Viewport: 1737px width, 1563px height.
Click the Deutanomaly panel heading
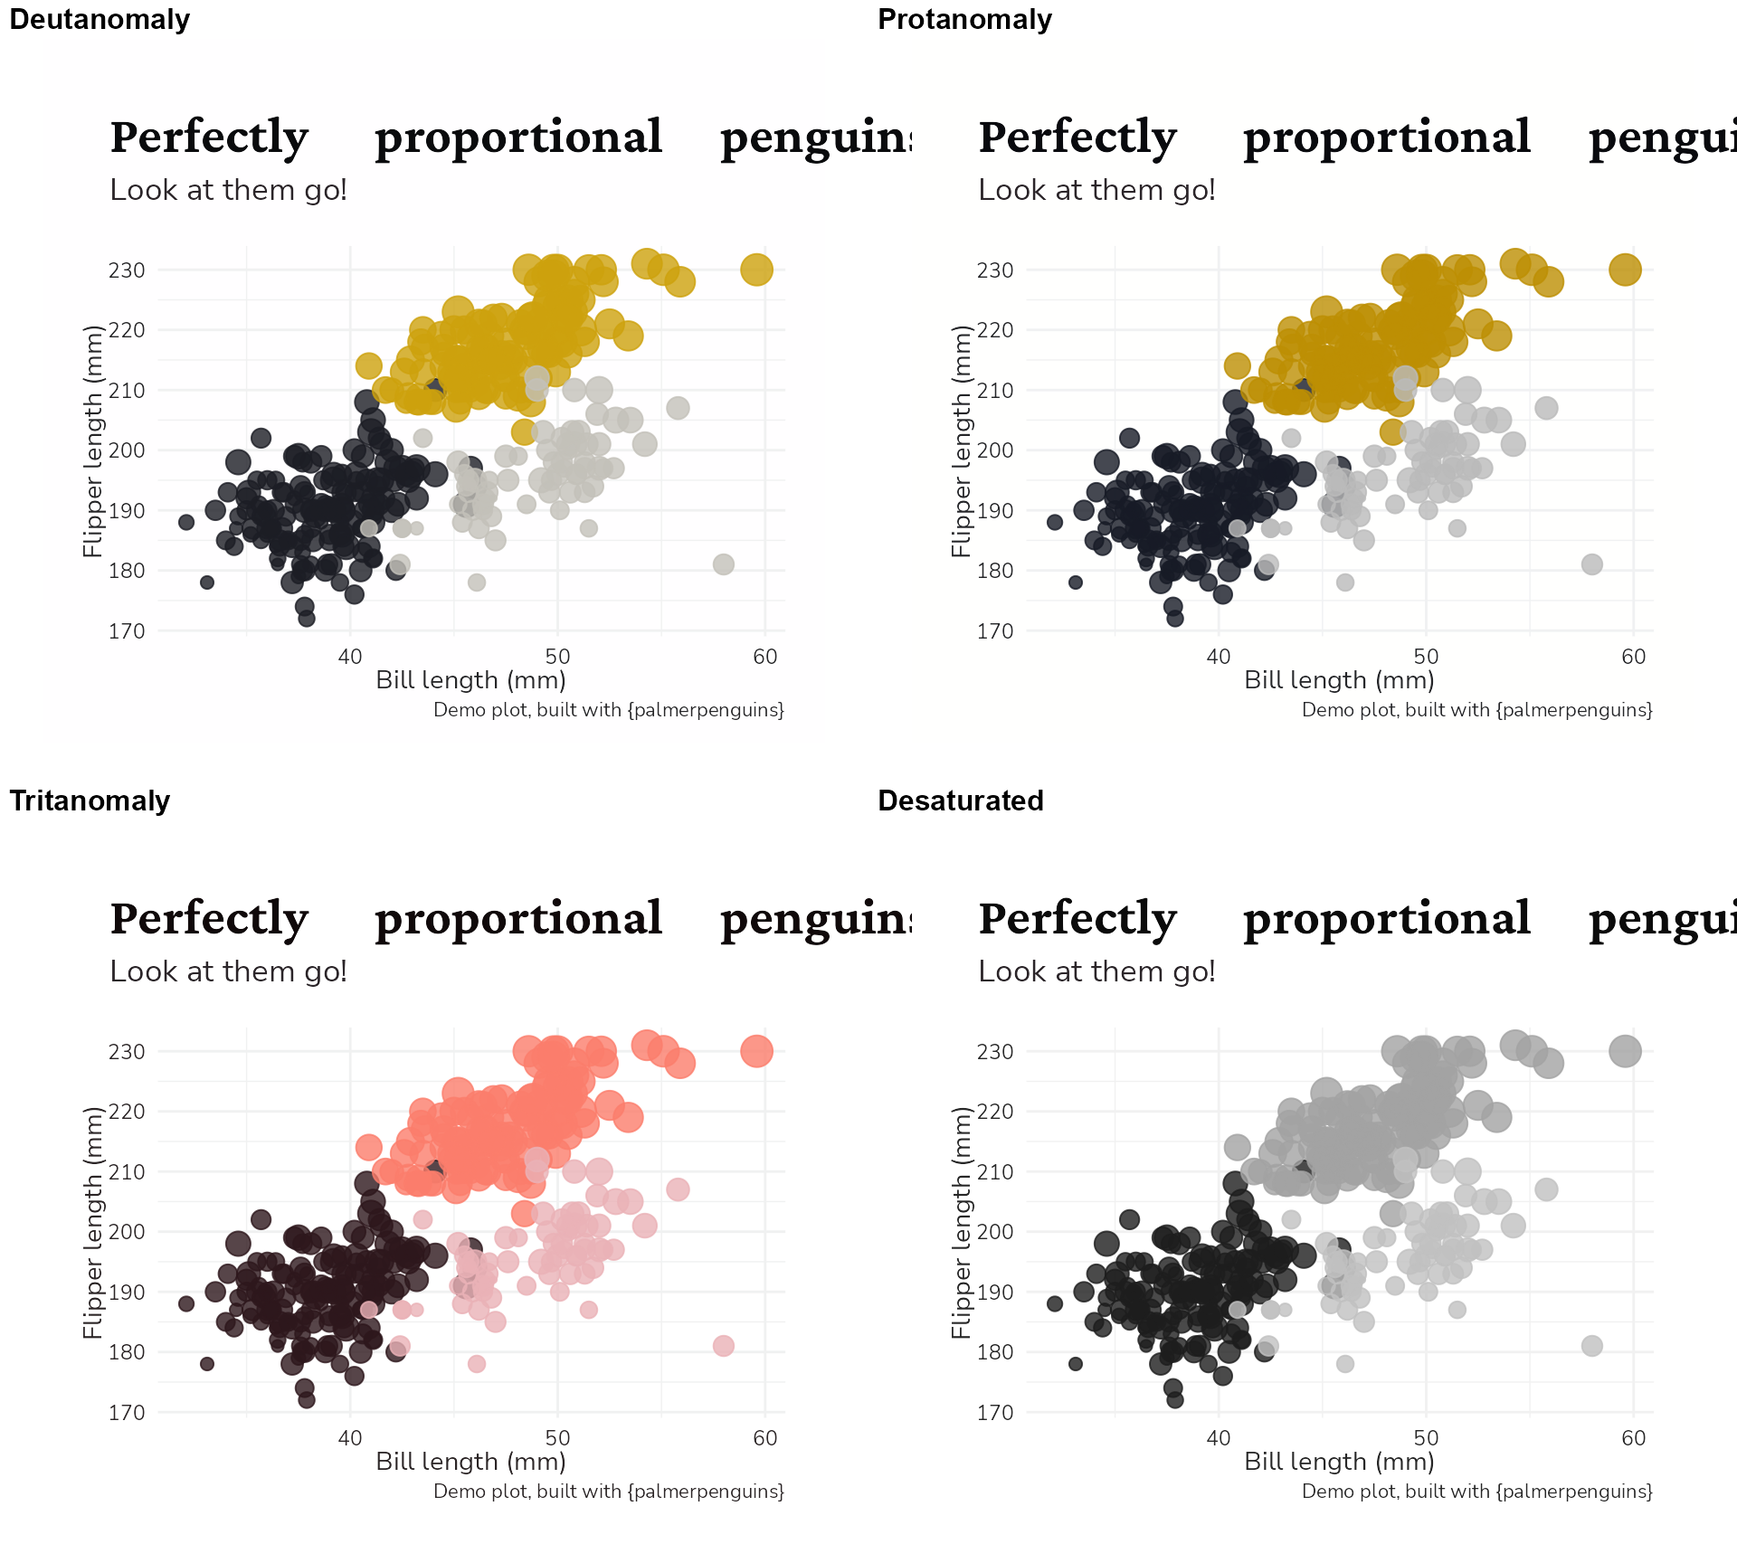pyautogui.click(x=100, y=20)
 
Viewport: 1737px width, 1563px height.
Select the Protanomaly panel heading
pyautogui.click(x=964, y=20)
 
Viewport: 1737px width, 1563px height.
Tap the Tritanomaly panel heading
pyautogui.click(x=90, y=801)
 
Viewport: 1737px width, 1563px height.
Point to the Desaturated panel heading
pyautogui.click(x=960, y=801)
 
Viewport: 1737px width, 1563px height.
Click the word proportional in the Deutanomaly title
pyautogui.click(x=518, y=137)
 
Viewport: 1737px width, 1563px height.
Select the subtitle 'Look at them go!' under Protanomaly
pyautogui.click(x=1096, y=190)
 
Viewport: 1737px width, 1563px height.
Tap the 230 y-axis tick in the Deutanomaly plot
pyautogui.click(x=127, y=270)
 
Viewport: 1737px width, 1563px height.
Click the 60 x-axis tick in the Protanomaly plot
pyautogui.click(x=1633, y=657)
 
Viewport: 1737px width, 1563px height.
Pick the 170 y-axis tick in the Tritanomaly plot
pyautogui.click(x=127, y=1413)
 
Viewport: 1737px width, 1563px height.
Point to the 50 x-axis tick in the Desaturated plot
pyautogui.click(x=1426, y=1438)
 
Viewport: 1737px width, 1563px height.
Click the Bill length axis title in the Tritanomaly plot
pyautogui.click(x=470, y=1462)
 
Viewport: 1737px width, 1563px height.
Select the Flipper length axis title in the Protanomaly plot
pyautogui.click(x=960, y=440)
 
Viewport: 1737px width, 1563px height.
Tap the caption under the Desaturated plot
pyautogui.click(x=1476, y=1492)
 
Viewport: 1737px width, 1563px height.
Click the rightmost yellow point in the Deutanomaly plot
pyautogui.click(x=756, y=270)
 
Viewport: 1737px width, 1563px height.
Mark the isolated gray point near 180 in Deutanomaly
pyautogui.click(x=723, y=564)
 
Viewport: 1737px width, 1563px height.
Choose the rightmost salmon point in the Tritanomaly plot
pyautogui.click(x=756, y=1051)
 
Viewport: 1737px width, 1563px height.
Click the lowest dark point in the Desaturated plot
pyautogui.click(x=1175, y=1400)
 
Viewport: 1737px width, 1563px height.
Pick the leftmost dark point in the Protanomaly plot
pyautogui.click(x=1054, y=522)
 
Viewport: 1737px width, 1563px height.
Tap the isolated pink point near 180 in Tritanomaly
pyautogui.click(x=723, y=1346)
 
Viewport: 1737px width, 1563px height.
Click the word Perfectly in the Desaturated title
pyautogui.click(x=1077, y=919)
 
